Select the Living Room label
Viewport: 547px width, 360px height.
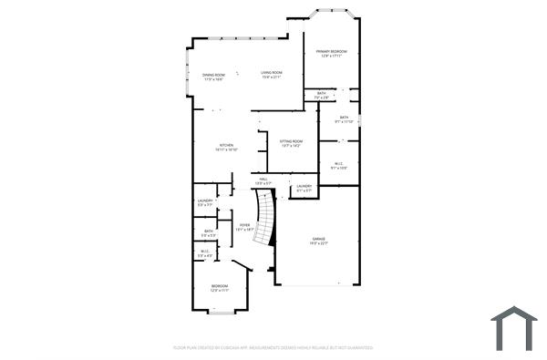pos(271,75)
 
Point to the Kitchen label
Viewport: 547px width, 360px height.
pos(226,148)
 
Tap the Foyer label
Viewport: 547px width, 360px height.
pos(243,227)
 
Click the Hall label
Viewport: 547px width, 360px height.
pos(263,181)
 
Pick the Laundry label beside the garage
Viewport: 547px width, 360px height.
pos(304,188)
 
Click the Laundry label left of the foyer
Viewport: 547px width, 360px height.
pos(205,202)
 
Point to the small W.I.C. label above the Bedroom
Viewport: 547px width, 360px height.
pos(205,253)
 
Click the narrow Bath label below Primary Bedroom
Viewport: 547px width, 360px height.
pos(322,95)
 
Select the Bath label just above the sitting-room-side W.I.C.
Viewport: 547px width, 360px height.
pos(344,118)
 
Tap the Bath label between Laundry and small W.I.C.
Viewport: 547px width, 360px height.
pos(209,233)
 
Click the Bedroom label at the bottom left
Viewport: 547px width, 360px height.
pos(219,288)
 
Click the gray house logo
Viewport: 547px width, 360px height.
pos(514,328)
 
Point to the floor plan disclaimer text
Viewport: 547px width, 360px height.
pos(273,347)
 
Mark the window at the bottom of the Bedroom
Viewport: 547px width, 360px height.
pos(222,313)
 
